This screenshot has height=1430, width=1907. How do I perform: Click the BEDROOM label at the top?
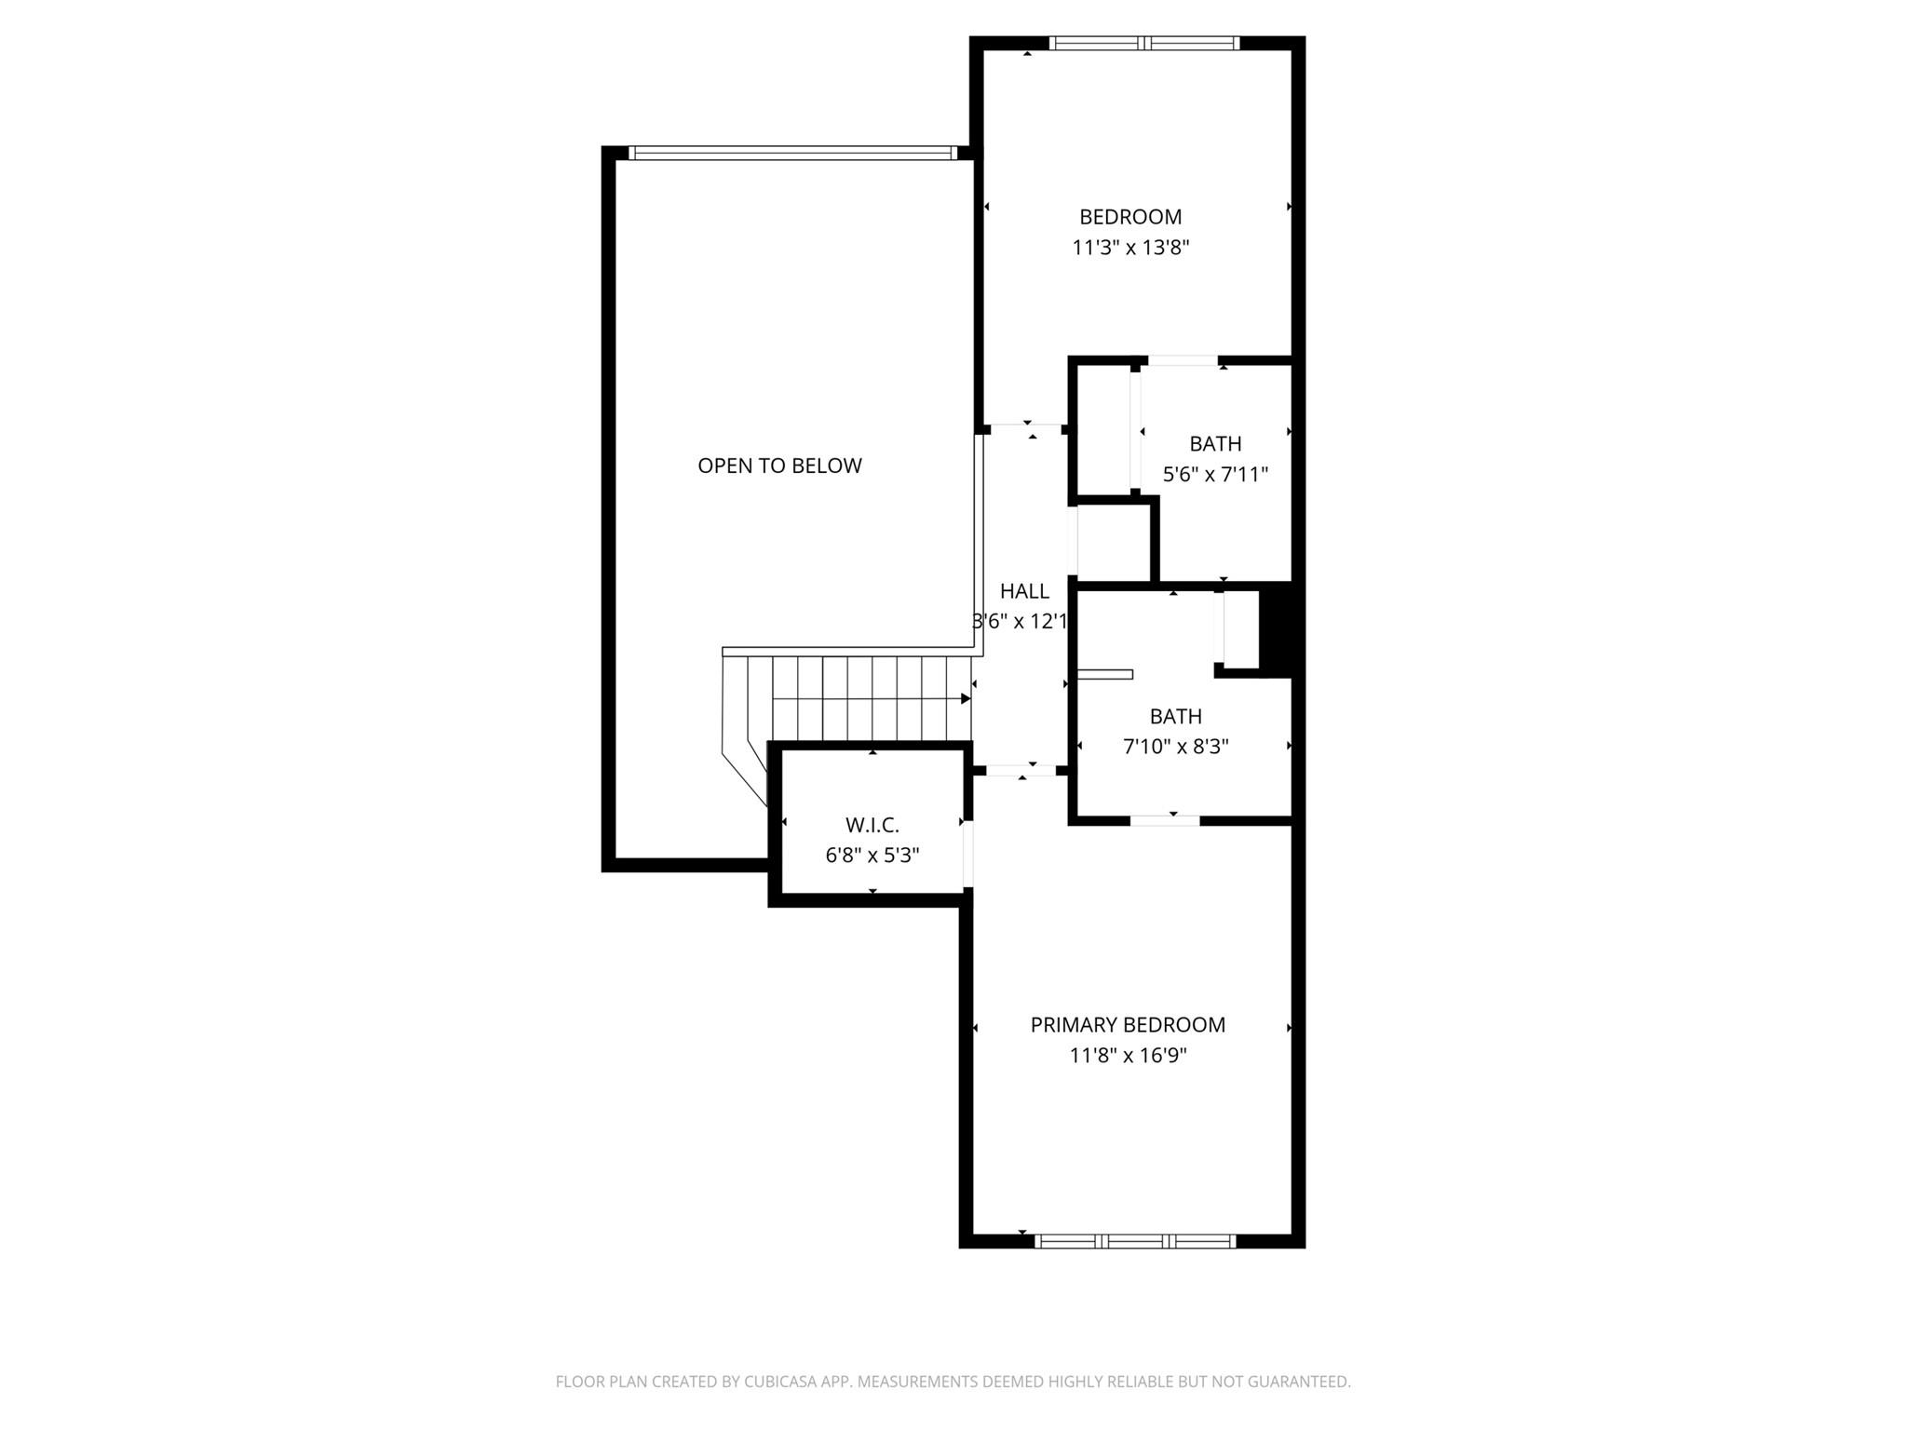(x=1130, y=217)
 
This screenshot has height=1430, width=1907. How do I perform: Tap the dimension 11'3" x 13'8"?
(x=1130, y=248)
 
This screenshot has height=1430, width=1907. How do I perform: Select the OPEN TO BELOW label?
(x=779, y=465)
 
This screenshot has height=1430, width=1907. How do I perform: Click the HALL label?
(x=1024, y=591)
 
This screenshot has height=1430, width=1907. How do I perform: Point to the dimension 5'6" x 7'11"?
(x=1215, y=475)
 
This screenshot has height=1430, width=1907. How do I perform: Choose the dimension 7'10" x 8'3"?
(x=1175, y=747)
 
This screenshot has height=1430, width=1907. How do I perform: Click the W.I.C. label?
(x=872, y=825)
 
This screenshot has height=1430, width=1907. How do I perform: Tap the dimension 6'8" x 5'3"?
(x=872, y=856)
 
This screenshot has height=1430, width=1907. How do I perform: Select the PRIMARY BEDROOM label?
(x=1128, y=1025)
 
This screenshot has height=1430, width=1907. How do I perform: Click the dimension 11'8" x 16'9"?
(x=1128, y=1056)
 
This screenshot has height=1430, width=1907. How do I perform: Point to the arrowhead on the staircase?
(x=966, y=698)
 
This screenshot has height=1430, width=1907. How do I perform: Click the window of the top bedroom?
(x=1144, y=43)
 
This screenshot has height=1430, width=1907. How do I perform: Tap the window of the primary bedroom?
(x=1135, y=1241)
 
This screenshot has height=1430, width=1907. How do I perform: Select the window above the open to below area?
(x=792, y=154)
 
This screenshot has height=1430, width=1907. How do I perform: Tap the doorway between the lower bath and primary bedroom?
(x=1165, y=820)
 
